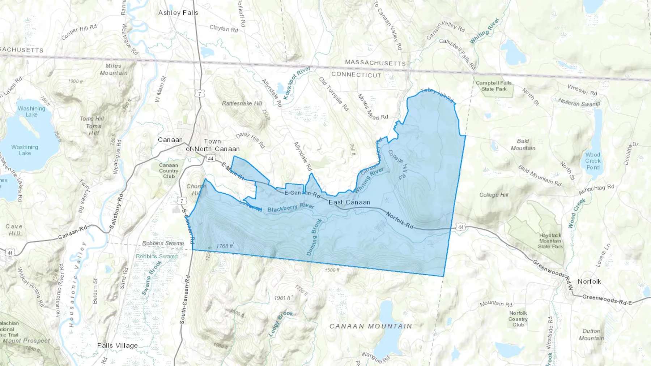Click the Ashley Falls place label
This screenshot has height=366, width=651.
point(178,13)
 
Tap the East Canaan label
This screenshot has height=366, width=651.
point(349,202)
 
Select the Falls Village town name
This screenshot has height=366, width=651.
point(117,345)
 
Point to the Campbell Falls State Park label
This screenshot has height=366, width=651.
point(494,86)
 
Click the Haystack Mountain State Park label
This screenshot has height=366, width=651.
point(550,241)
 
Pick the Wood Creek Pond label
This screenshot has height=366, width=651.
point(593,161)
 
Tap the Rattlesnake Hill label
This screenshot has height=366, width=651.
point(242,103)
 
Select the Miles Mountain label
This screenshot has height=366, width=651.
point(114,69)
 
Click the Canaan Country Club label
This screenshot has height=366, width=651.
point(169,171)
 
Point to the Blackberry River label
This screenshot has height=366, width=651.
point(291,208)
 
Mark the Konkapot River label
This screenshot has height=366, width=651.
point(297,83)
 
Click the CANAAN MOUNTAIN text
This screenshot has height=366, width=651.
point(371,326)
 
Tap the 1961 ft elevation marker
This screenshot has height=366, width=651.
point(282,298)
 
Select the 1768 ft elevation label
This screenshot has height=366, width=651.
point(225,246)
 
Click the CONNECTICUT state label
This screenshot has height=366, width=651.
point(356,74)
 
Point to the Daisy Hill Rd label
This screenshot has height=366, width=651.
point(250,140)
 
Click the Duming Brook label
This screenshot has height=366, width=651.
point(314,237)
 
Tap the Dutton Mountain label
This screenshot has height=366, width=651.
point(591,335)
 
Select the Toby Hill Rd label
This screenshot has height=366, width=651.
point(437,95)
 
